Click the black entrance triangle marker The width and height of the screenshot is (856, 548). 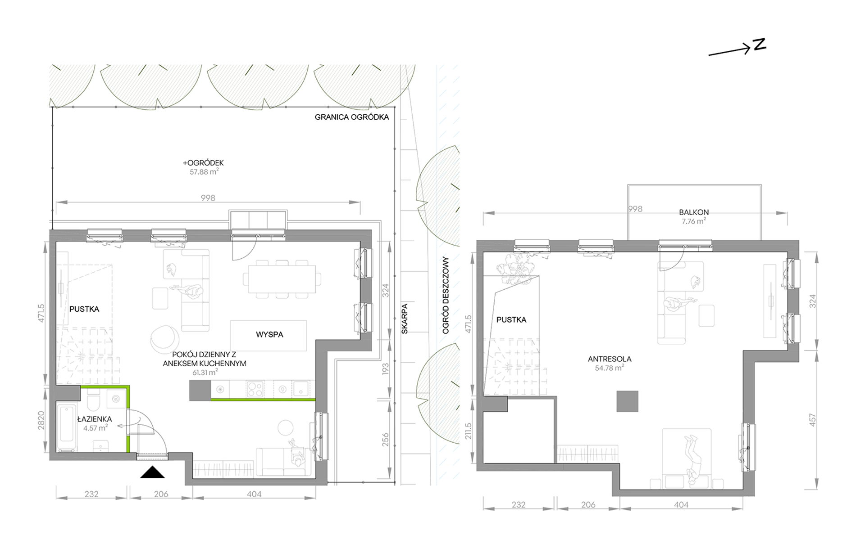pos(152,472)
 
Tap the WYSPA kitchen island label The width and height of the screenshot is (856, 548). pos(269,334)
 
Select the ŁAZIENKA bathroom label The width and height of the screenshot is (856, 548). pos(95,419)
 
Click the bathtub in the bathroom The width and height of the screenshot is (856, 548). pos(67,428)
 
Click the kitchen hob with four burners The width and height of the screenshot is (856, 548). pos(255,389)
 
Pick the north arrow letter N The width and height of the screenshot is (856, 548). pos(760,45)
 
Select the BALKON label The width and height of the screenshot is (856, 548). pos(694,212)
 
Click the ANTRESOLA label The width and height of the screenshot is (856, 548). pos(610,359)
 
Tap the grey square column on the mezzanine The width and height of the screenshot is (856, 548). pos(628,401)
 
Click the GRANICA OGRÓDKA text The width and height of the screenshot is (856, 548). pos(352,117)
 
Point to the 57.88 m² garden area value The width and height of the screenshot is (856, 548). pos(204,171)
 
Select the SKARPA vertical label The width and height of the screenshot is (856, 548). pos(405,319)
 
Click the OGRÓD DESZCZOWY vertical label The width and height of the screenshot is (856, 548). pos(446,295)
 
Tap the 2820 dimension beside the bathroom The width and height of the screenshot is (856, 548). pos(41,420)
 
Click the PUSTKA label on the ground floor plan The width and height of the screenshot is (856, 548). pos(84,309)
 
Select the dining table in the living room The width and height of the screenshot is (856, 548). pos(282,279)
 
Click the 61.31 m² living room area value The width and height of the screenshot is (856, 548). pos(205,372)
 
